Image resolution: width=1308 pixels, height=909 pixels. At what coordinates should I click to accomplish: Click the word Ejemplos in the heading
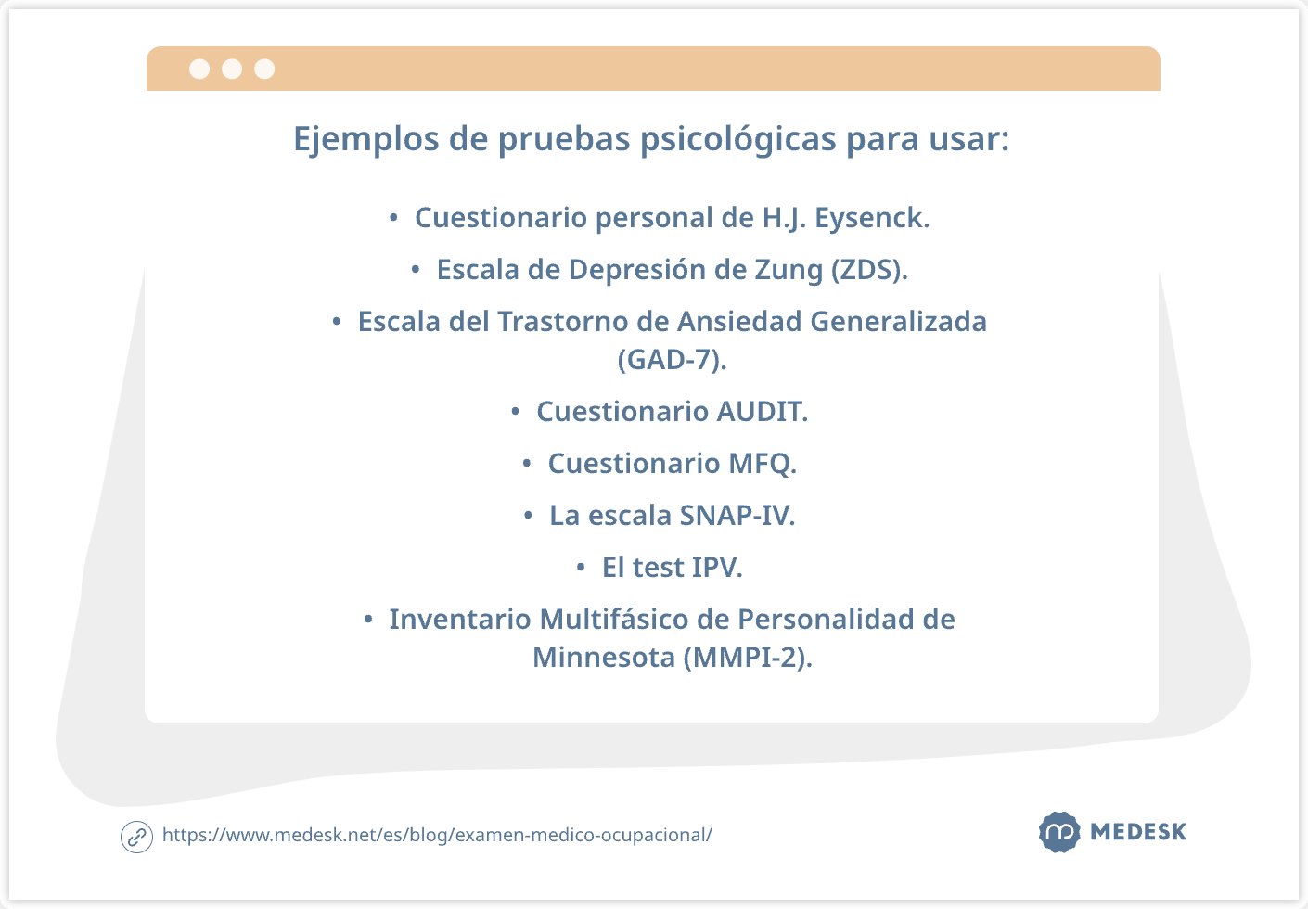pos(365,139)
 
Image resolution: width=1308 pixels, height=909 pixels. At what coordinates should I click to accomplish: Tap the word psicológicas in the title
pos(738,139)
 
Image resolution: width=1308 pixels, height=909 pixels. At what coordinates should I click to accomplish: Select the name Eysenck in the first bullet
pos(872,218)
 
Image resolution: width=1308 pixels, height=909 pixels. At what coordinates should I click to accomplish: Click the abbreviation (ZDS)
pos(869,270)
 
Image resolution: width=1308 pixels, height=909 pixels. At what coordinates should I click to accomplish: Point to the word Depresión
pos(637,270)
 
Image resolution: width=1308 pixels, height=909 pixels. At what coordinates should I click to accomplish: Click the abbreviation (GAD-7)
pos(673,360)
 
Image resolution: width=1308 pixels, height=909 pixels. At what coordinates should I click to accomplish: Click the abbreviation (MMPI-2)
pos(748,658)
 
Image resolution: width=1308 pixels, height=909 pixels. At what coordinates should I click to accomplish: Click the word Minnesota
pos(604,658)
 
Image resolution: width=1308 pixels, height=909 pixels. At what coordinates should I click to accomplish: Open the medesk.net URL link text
pos(437,836)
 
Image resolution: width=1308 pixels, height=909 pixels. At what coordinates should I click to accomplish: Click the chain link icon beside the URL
pos(136,838)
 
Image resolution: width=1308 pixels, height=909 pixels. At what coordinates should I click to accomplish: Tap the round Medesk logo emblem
pos(1059,832)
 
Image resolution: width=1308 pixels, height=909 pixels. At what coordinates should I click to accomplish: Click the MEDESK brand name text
pos(1138,832)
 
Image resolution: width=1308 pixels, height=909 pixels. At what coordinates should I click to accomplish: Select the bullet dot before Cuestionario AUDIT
pos(515,412)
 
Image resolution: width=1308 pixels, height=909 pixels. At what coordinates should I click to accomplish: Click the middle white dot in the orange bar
pos(232,69)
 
